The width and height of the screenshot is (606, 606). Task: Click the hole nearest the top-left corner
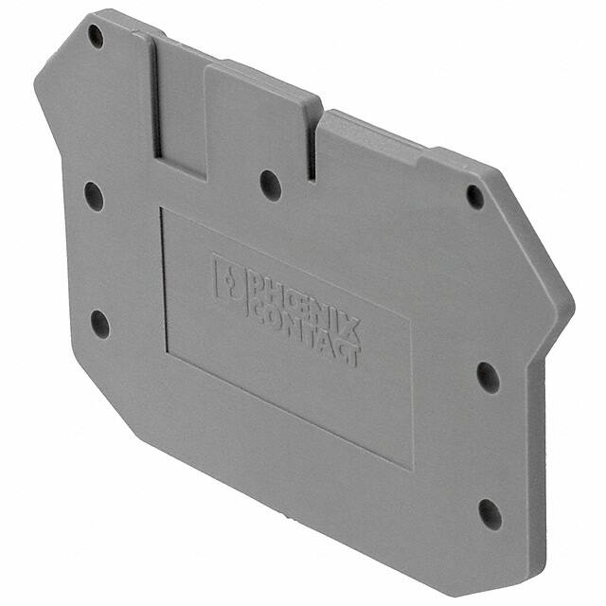[x=96, y=36]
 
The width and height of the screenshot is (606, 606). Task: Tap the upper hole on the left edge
[x=93, y=196]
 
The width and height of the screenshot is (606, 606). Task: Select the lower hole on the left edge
[x=99, y=323]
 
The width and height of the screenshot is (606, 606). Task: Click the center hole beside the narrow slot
[x=271, y=184]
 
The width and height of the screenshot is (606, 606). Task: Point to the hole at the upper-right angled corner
[x=475, y=196]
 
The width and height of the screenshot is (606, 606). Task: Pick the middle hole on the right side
[x=488, y=376]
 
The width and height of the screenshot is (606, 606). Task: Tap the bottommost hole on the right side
[x=490, y=513]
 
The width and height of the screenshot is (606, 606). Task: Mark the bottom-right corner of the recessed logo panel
[x=411, y=467]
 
